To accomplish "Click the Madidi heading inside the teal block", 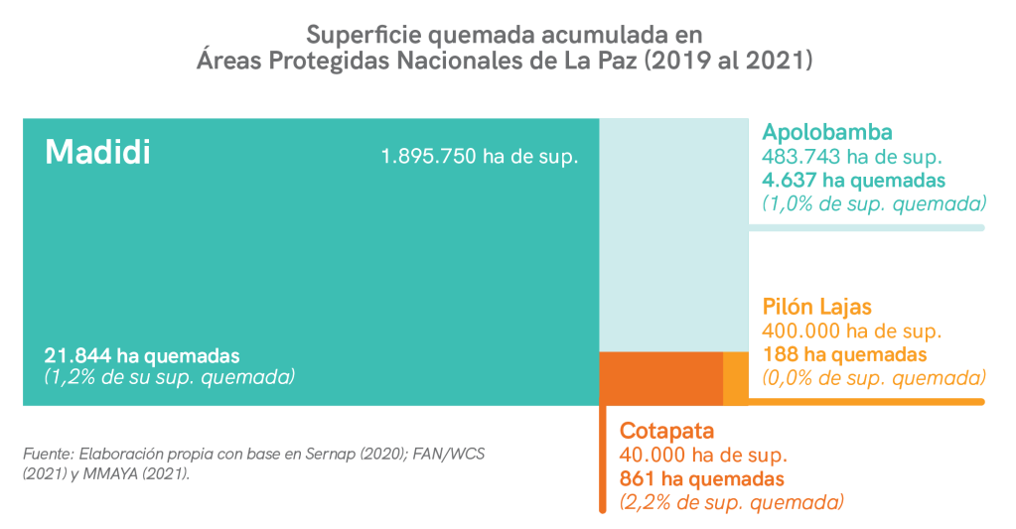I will coord(97,153).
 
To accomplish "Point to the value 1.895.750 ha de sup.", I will coord(479,156).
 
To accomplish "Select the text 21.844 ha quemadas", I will coord(142,355).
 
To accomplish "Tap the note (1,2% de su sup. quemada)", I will coord(170,377).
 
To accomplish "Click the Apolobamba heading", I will coord(827,132).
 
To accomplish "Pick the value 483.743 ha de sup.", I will coord(851,156).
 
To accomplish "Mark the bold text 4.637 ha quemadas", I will coord(853,180).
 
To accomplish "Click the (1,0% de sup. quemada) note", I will coord(874,203).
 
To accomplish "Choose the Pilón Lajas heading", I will coord(816,306).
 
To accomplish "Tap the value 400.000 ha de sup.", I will coord(851,331).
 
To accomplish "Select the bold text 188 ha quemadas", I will coord(844,354).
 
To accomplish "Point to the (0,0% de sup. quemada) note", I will coord(874,378).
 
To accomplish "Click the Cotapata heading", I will coord(666,431).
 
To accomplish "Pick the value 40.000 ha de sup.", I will coord(703,456).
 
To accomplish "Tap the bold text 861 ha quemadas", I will coord(702,479).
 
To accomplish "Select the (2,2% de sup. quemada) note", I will coord(732,502).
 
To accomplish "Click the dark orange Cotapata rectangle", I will coord(660,377).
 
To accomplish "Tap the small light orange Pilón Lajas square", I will coord(735,377).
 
